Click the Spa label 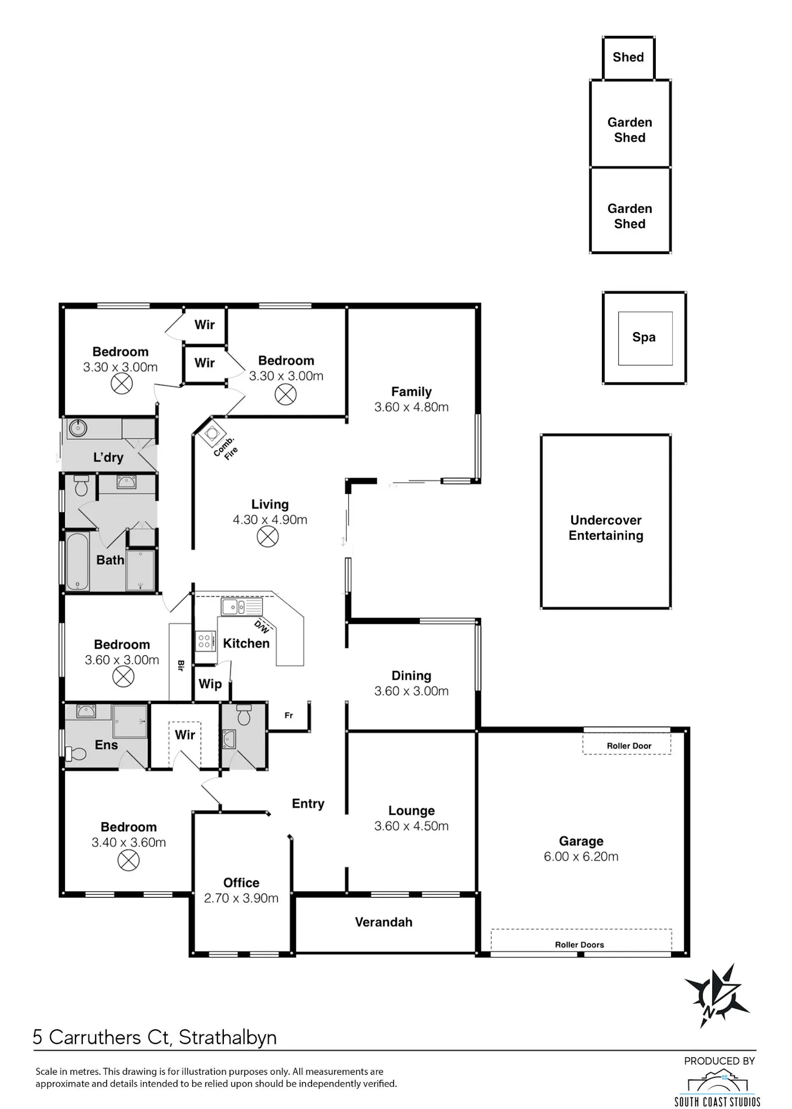[644, 337]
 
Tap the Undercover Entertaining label [606, 528]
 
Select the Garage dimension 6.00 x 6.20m [581, 856]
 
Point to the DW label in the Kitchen [262, 626]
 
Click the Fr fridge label [288, 715]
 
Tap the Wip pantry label [210, 684]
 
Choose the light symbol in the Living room [268, 537]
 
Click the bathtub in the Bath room [77, 561]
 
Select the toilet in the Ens [76, 754]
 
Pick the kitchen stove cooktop [205, 641]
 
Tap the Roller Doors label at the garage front [579, 945]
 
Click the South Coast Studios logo [718, 1087]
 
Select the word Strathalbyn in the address [228, 1038]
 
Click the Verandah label [383, 922]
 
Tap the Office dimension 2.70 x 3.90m [241, 898]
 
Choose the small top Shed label [628, 57]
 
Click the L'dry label [108, 457]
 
